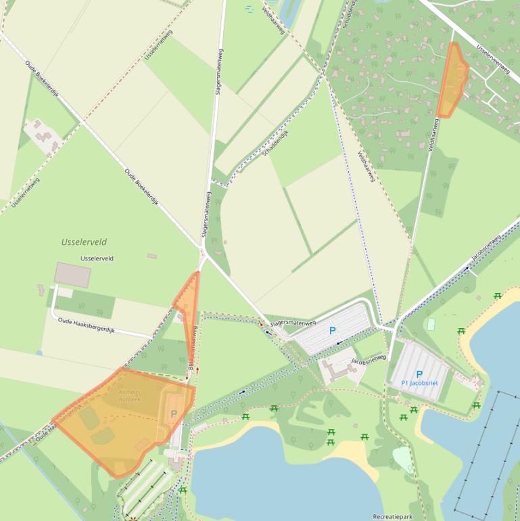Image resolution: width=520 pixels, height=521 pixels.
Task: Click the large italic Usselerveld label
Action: click(x=84, y=242)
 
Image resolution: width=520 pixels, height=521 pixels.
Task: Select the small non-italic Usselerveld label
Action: click(x=97, y=258)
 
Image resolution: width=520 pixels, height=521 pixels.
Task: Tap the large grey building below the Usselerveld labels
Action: click(x=72, y=275)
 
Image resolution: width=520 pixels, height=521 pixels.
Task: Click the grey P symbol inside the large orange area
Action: click(x=173, y=413)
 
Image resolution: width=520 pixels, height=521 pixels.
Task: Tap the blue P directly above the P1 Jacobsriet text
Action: click(x=419, y=373)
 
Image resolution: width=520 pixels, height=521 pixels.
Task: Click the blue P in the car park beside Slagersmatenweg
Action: click(x=332, y=331)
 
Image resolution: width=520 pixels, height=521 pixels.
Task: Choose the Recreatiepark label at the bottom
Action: click(x=393, y=516)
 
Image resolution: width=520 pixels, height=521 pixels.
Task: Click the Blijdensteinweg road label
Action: click(x=192, y=346)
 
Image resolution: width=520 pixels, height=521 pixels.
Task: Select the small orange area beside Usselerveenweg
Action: click(x=452, y=79)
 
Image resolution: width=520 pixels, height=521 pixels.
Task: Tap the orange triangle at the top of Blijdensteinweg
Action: click(x=188, y=298)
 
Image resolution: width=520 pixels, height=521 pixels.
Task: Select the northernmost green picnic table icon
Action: click(x=498, y=295)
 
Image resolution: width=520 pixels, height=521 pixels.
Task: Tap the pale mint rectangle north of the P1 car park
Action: click(x=431, y=324)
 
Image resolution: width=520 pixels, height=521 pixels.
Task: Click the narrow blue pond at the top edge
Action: click(x=287, y=14)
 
